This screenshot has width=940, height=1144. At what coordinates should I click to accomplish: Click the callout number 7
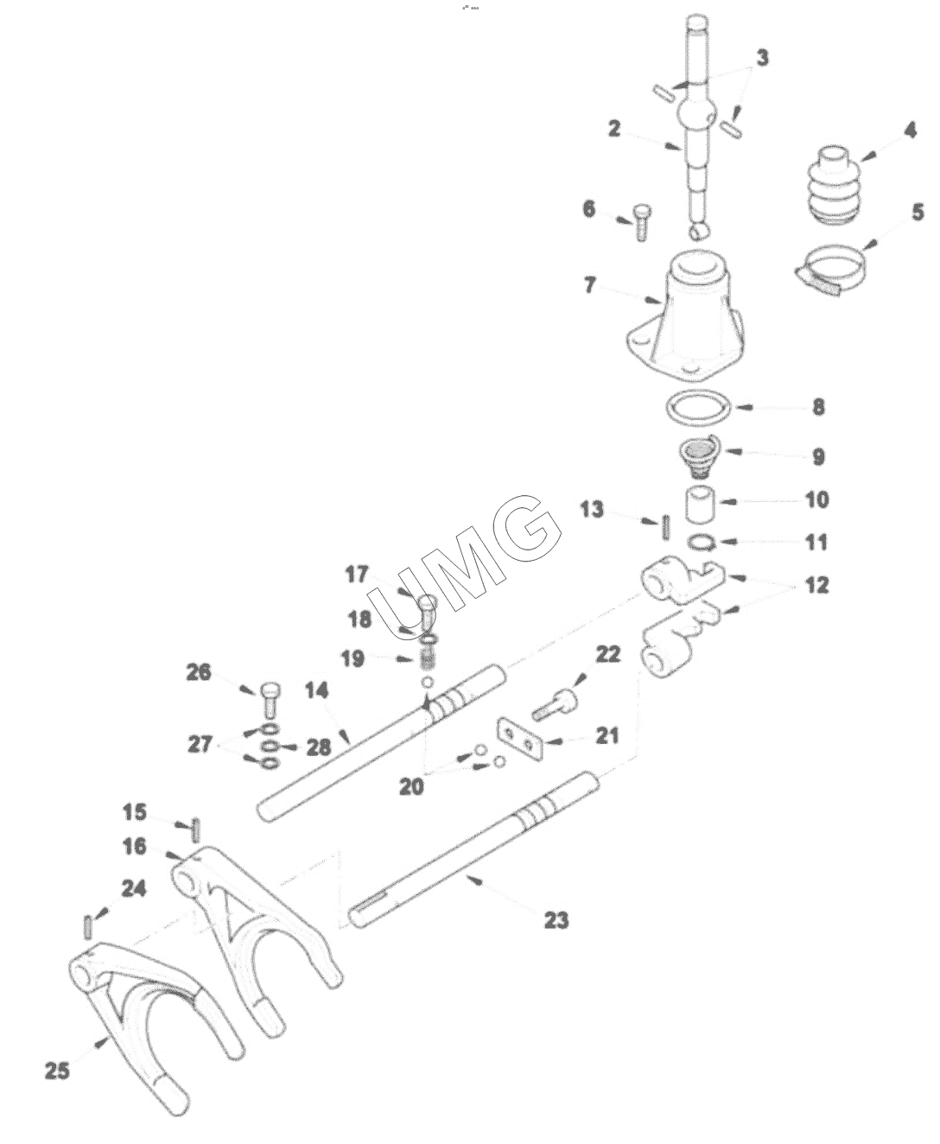590,285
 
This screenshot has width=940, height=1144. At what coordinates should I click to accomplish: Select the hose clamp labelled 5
833,267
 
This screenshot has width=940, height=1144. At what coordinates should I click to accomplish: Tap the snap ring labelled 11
703,542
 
